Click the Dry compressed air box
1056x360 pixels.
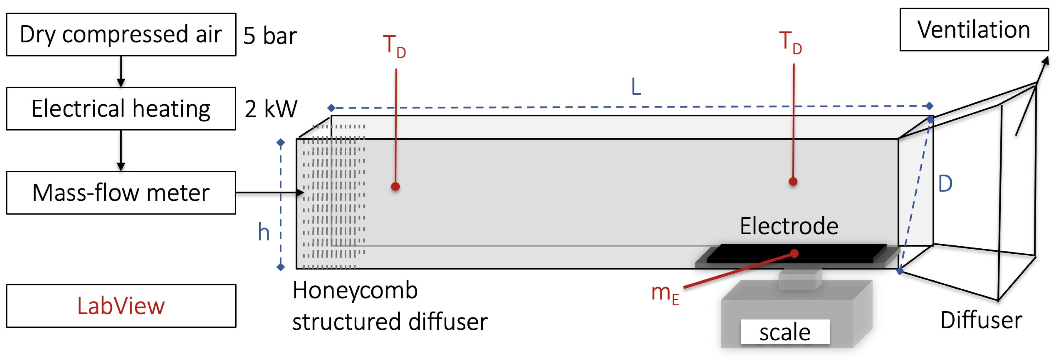click(121, 34)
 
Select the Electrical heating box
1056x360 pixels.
click(121, 109)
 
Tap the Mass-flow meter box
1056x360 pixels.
click(121, 193)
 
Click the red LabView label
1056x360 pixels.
click(121, 306)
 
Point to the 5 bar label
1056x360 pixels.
click(270, 36)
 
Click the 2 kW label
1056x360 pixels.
click(271, 109)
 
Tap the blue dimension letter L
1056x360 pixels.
click(636, 87)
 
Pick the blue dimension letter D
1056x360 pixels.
click(945, 184)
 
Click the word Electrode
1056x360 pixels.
click(789, 226)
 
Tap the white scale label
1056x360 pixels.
click(785, 332)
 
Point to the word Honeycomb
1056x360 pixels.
click(355, 291)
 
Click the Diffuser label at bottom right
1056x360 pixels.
click(981, 320)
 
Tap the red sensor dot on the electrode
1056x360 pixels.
click(795, 254)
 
